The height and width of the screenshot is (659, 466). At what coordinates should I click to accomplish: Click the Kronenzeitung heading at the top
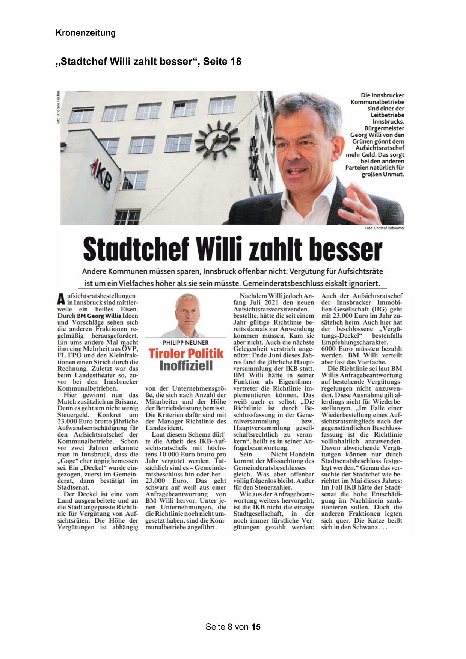[86, 33]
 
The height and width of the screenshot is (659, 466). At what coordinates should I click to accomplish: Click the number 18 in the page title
[234, 61]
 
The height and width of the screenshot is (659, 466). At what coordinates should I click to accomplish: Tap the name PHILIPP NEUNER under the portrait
[185, 343]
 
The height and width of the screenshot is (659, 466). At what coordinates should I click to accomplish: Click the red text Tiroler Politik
[185, 354]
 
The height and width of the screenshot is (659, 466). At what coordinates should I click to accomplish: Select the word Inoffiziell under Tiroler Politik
[186, 366]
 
